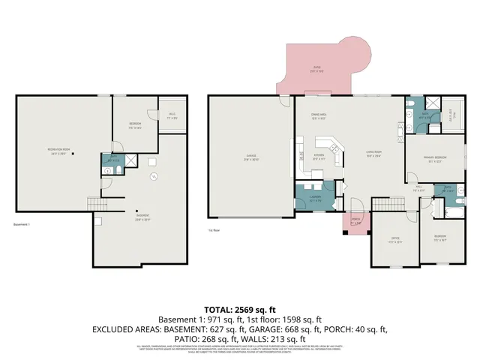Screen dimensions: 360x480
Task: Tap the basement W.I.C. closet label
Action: tap(172, 116)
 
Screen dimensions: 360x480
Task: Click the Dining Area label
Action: tap(319, 116)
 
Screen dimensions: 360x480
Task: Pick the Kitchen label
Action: tap(319, 157)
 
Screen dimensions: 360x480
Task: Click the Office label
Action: tap(394, 240)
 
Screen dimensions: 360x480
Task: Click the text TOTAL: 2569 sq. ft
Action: tap(240, 309)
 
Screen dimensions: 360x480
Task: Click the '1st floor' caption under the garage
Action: tap(214, 230)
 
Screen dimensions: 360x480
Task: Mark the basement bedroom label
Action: tap(135, 124)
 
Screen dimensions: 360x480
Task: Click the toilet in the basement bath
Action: tap(108, 170)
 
